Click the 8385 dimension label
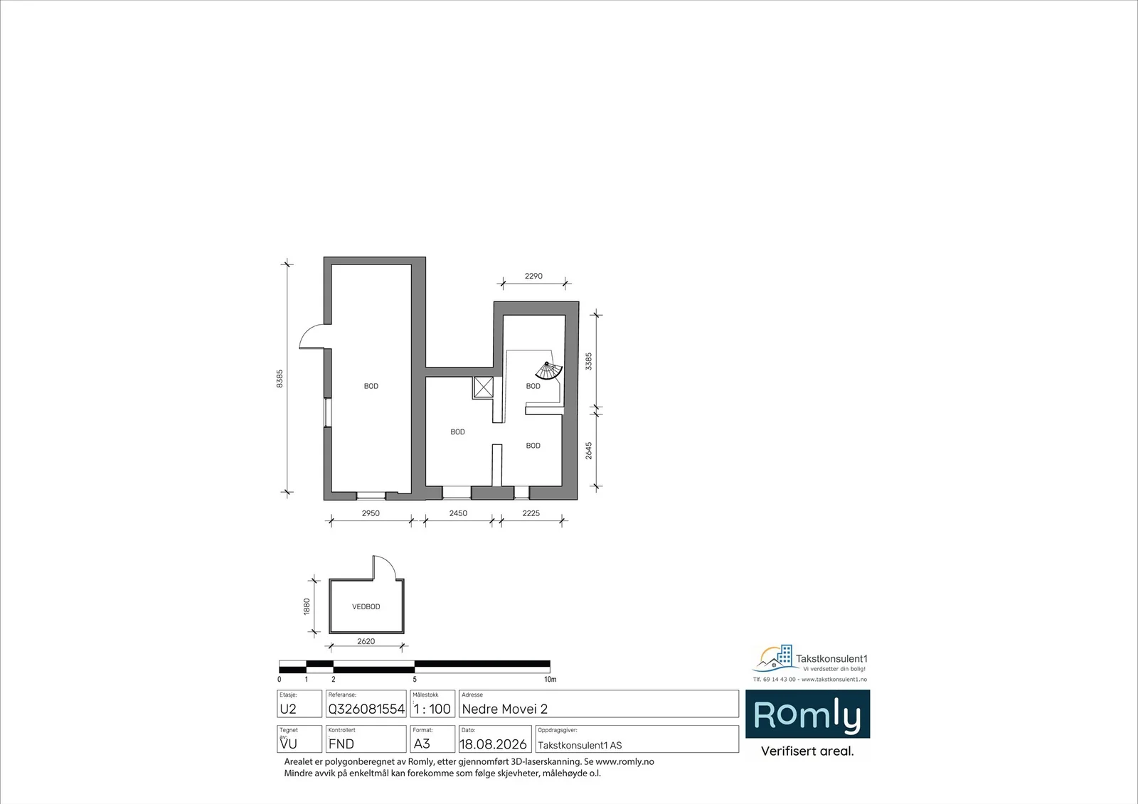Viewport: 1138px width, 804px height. (280, 379)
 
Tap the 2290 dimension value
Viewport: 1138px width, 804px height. (533, 276)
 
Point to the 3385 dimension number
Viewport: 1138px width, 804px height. (589, 361)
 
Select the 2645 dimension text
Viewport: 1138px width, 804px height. (589, 451)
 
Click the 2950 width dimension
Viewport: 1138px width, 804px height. (371, 513)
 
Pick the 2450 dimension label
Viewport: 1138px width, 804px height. (458, 513)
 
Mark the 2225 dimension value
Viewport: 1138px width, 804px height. (531, 513)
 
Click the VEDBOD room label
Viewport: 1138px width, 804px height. (366, 606)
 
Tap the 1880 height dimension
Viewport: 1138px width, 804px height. (307, 606)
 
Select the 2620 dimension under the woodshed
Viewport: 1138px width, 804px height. (366, 641)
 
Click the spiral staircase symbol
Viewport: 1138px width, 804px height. (549, 371)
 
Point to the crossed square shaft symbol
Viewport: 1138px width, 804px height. (483, 387)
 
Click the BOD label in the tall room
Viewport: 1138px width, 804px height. (371, 386)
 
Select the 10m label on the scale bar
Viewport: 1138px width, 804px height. (551, 679)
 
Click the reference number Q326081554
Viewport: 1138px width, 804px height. (366, 709)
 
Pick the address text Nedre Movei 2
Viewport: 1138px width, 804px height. (504, 709)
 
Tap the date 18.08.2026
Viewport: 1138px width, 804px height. (493, 744)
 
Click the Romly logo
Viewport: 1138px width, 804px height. (807, 714)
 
